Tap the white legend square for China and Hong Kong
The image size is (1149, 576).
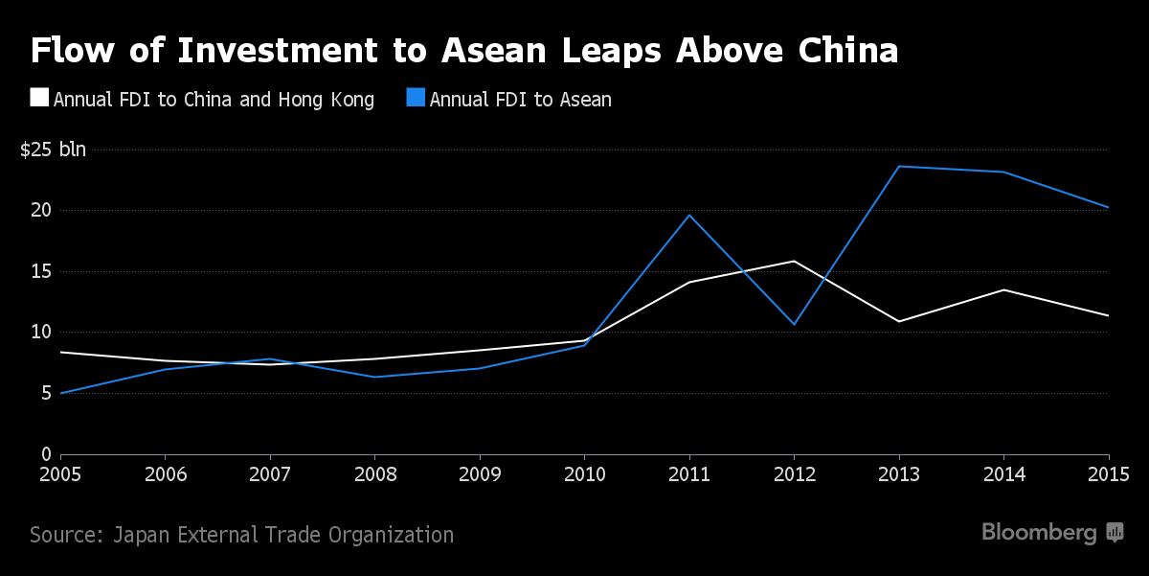point(39,98)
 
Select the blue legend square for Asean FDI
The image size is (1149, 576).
point(416,98)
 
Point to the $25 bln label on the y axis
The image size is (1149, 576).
point(53,150)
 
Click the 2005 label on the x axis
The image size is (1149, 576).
point(60,473)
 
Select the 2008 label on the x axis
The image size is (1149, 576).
point(374,473)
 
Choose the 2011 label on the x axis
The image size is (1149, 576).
point(688,473)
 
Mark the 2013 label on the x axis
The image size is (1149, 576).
point(898,473)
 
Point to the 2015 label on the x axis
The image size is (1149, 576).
point(1108,473)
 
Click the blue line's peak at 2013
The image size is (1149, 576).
point(899,167)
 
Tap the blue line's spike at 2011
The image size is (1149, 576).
point(689,215)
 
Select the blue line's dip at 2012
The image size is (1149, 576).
point(794,324)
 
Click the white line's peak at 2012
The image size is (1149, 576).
point(794,261)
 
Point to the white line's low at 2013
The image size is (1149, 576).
point(899,321)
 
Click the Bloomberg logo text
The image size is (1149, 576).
point(1039,533)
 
